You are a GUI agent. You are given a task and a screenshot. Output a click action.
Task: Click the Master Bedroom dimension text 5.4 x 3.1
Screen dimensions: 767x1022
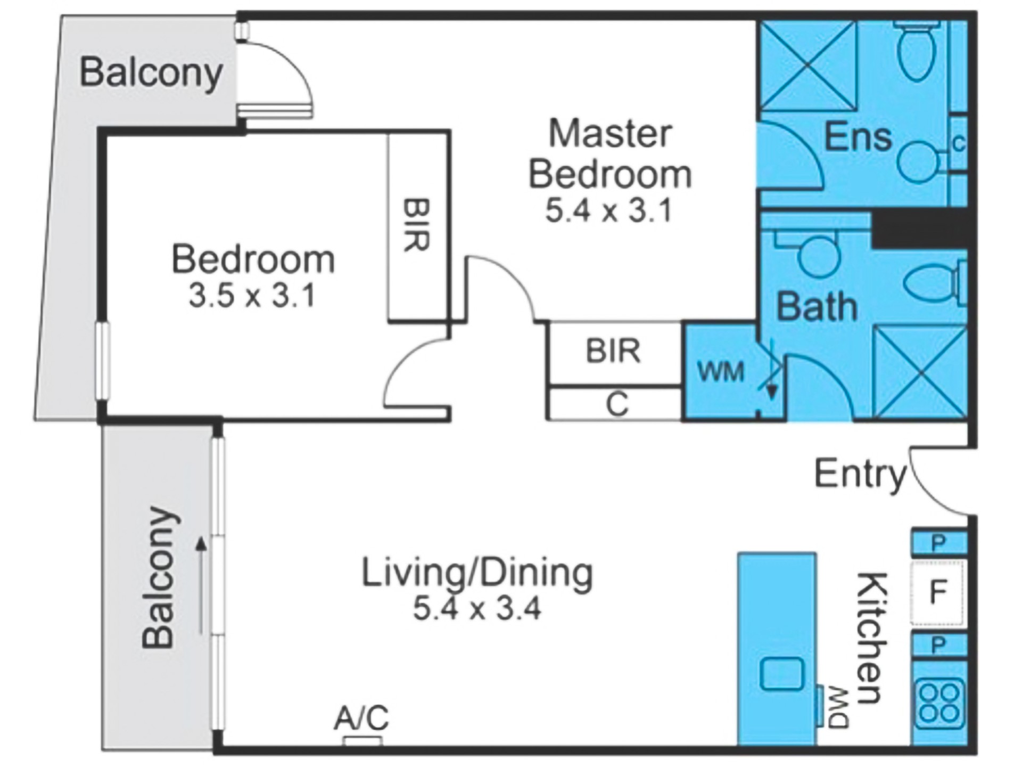click(x=609, y=211)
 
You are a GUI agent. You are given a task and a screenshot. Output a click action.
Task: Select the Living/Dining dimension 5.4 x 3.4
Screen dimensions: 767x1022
click(x=477, y=608)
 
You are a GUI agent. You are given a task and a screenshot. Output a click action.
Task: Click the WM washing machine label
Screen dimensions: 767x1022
click(x=720, y=371)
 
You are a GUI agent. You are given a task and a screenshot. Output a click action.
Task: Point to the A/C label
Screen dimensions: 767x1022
click(x=361, y=717)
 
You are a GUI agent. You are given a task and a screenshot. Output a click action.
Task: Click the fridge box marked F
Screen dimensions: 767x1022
click(x=938, y=592)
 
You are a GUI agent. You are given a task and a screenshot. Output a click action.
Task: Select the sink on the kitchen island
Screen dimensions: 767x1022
click(x=781, y=673)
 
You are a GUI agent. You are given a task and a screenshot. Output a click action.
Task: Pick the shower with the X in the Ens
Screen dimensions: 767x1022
click(x=808, y=66)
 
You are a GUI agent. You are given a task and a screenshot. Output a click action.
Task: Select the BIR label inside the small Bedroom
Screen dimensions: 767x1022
click(x=416, y=225)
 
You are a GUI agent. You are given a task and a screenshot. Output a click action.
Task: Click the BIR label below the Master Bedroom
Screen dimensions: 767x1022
click(x=613, y=351)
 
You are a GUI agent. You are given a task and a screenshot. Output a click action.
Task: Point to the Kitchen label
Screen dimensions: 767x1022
click(x=871, y=638)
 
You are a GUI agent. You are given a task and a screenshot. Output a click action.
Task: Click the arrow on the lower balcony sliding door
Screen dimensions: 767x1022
click(x=201, y=586)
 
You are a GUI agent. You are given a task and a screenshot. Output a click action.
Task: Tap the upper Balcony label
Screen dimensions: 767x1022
click(x=151, y=73)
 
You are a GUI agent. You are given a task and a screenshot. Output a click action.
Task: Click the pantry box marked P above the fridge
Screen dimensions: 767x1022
click(x=938, y=543)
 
